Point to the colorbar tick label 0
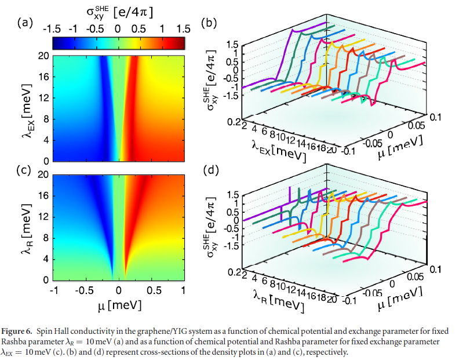click(x=118, y=29)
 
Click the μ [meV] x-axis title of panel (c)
click(x=118, y=304)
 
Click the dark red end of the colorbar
click(x=181, y=42)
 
